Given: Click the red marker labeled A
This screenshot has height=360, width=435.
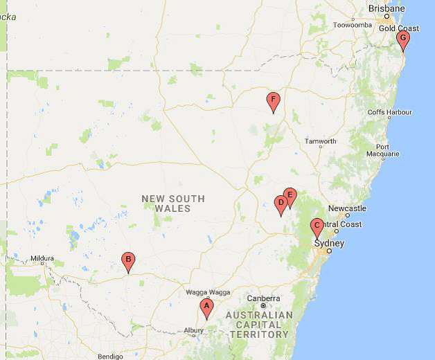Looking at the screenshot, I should click(206, 307).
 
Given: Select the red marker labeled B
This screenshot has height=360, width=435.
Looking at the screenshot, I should click(128, 261).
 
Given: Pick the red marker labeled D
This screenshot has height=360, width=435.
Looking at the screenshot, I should click(281, 204).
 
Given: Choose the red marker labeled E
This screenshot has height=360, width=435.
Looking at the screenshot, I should click(290, 196).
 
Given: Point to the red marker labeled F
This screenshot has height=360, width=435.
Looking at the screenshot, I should click(273, 101).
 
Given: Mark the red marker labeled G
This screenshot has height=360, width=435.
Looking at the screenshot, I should click(403, 39).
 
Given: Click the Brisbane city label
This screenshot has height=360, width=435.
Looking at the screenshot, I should click(387, 8).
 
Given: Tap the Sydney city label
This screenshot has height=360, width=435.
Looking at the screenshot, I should click(329, 243).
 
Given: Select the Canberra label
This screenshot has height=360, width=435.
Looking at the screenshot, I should click(263, 298).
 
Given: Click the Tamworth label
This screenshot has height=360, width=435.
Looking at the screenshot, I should click(320, 141).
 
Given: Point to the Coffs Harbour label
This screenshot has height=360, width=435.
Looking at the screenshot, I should click(389, 112).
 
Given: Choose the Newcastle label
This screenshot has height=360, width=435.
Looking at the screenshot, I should click(347, 208).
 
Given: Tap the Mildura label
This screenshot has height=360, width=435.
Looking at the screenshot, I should click(42, 259).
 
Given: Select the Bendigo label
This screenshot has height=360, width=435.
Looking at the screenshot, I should click(111, 356).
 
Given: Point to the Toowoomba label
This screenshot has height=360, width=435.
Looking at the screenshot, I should click(353, 25).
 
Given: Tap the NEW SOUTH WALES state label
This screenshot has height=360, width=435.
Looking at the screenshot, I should click(173, 204).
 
